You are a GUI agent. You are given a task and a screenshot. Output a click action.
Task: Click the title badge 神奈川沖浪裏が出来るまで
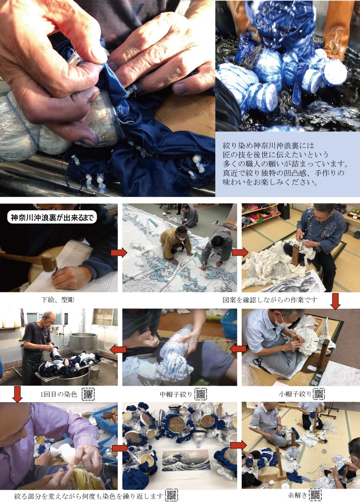[x=52, y=218]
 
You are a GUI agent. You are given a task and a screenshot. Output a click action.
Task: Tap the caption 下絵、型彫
[x=58, y=300]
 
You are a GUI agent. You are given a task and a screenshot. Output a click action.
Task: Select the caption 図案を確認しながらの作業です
[x=270, y=300]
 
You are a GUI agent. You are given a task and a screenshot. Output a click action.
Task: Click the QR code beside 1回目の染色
[x=88, y=394]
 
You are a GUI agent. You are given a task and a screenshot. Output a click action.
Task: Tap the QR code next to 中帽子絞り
[x=201, y=394]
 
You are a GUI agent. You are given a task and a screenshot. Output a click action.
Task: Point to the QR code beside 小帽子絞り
[x=318, y=394]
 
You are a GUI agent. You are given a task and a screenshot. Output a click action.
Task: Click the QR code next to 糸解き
[x=315, y=495]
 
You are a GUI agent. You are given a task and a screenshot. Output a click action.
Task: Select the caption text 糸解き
[x=297, y=495]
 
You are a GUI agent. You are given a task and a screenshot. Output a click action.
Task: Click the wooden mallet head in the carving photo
[x=49, y=262]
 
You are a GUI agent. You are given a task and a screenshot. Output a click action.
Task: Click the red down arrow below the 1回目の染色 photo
[x=17, y=394]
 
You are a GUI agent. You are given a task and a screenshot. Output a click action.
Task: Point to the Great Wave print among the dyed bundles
[x=186, y=460]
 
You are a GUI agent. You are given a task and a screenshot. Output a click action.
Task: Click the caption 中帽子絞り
[x=176, y=394]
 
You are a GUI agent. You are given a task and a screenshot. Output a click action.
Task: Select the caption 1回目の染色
[x=59, y=394]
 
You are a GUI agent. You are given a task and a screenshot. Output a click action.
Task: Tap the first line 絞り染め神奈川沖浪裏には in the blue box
[x=268, y=145]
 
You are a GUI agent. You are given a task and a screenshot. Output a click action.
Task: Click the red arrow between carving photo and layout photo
[x=119, y=253]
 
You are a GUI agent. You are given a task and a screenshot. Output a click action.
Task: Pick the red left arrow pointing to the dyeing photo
[x=118, y=349]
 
